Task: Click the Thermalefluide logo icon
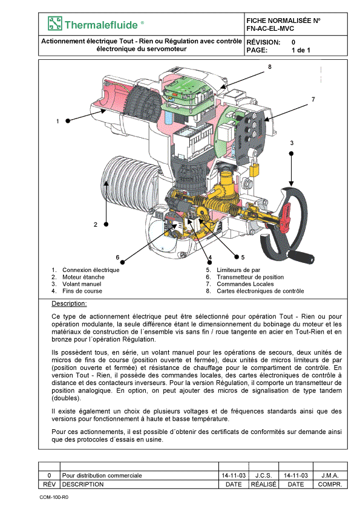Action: [55, 24]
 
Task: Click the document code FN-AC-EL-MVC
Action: [270, 28]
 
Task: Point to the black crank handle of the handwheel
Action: [301, 256]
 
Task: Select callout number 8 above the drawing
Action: [270, 67]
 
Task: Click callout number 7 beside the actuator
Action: [313, 99]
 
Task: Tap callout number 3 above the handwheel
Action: [292, 143]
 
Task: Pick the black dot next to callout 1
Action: [68, 121]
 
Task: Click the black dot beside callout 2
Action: [106, 224]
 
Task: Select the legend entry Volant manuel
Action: [82, 284]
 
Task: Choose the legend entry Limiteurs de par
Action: [238, 270]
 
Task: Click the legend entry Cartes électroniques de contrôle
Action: [260, 291]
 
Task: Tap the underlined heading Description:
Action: [69, 304]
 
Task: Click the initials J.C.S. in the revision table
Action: [264, 476]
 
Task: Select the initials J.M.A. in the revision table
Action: [330, 476]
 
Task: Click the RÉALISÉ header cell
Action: [264, 484]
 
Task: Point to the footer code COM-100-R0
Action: [54, 498]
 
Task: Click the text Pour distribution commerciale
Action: [102, 476]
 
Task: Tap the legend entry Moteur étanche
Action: [83, 277]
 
